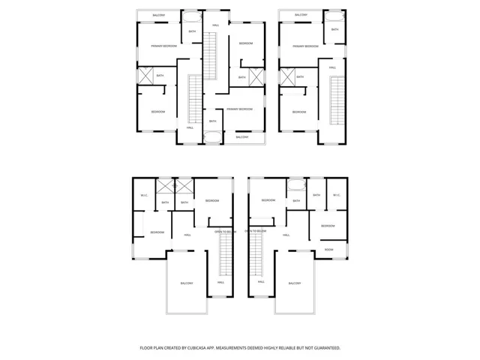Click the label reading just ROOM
[329, 249]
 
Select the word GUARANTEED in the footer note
[323, 348]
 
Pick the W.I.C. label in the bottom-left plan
[143, 196]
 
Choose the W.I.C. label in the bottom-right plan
[337, 196]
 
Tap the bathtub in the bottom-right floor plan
[296, 184]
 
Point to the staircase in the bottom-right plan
[258, 252]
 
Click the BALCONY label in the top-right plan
[301, 15]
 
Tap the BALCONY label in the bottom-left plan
[187, 283]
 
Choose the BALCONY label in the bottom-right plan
[294, 283]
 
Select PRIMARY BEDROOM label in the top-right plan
[305, 46]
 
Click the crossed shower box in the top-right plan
[286, 76]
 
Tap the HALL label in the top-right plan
[332, 67]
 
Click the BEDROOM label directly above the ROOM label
[328, 226]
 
